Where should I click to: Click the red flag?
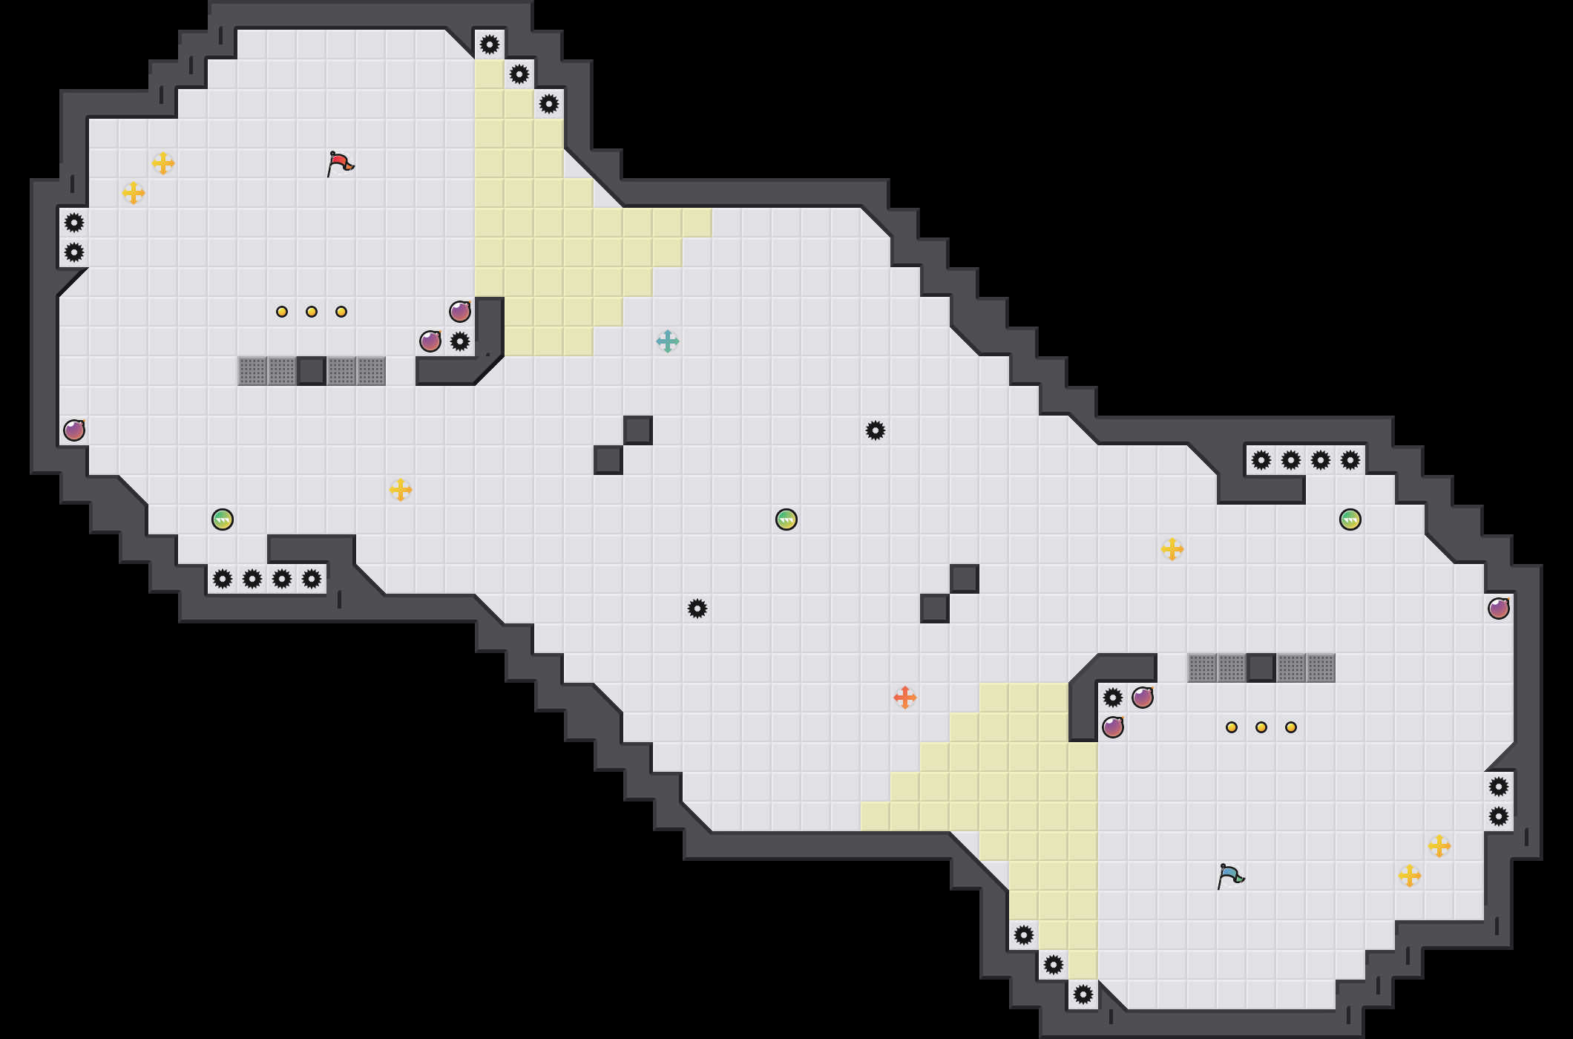[x=340, y=163]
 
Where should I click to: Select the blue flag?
[x=1230, y=876]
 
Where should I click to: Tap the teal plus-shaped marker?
[x=668, y=341]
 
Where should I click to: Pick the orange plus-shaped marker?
[x=905, y=698]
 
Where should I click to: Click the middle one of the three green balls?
[x=786, y=519]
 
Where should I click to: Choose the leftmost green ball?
[x=223, y=519]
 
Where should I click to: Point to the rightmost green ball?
[x=1350, y=519]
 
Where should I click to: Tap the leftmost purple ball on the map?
[x=74, y=430]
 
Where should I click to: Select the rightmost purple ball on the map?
[x=1499, y=609]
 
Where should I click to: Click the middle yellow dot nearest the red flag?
[x=312, y=312]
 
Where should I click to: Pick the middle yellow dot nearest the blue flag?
[x=1261, y=727]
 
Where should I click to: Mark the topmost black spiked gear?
[x=490, y=45]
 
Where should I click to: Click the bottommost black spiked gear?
[x=1083, y=994]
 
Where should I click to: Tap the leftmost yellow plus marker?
[x=134, y=193]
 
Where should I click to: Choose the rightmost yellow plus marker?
[x=1439, y=846]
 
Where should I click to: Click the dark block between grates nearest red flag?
[x=312, y=371]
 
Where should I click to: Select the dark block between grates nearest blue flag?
[x=1261, y=668]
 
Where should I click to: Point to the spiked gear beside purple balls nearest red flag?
[x=460, y=341]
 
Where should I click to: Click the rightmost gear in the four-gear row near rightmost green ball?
[x=1350, y=460]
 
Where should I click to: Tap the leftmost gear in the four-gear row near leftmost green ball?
[x=223, y=579]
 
